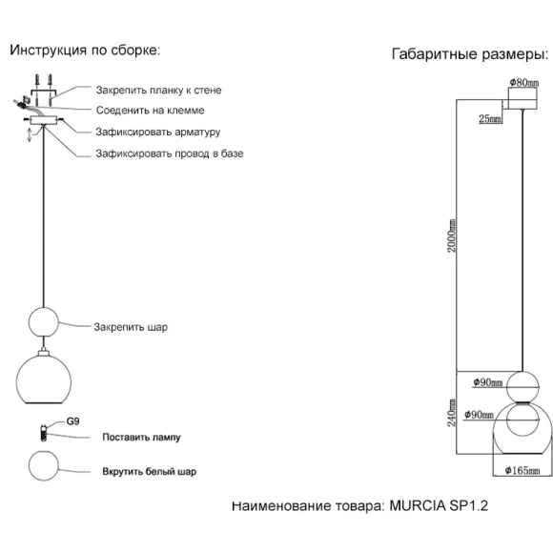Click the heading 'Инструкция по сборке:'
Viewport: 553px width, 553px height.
85,51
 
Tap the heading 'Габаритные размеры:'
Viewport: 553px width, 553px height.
470,54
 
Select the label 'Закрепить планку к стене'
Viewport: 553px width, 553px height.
158,91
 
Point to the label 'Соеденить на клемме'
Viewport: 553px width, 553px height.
151,111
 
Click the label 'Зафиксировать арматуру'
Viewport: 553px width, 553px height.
158,133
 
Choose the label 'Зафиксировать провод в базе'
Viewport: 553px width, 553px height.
170,154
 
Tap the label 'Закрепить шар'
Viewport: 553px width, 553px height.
131,327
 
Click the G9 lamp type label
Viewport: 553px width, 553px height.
73,421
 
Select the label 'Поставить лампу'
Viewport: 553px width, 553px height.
141,438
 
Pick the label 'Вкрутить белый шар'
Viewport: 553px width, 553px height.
149,472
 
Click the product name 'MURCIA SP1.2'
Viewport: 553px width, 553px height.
439,505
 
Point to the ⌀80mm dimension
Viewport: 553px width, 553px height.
524,83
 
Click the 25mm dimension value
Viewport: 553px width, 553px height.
490,119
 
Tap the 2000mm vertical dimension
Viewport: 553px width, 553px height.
452,236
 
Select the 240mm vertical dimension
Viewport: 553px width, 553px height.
452,413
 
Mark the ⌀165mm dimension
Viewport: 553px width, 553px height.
522,470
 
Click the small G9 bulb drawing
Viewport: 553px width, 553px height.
43,432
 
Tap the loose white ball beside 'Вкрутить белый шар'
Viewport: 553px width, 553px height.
43,465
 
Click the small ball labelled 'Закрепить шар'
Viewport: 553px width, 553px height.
43,322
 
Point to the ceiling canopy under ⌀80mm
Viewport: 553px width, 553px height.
522,98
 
